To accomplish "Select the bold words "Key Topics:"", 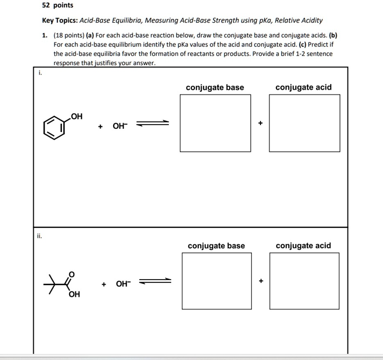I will (x=60, y=21).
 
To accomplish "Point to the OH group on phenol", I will (x=77, y=117).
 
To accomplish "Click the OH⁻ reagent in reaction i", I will (x=120, y=126).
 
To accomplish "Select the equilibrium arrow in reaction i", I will (x=153, y=123).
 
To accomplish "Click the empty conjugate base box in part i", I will (x=215, y=123).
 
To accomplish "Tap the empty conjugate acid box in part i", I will (x=304, y=123).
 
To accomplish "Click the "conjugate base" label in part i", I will (x=215, y=87).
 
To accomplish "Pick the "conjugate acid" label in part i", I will (x=304, y=87).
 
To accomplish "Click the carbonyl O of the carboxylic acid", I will (x=72, y=274).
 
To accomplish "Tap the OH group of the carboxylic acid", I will (x=75, y=294).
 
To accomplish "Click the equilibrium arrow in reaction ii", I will (x=155, y=281).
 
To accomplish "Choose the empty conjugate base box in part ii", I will (x=217, y=281).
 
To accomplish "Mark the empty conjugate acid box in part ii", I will (x=304, y=281).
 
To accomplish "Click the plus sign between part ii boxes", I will (x=261, y=281).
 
